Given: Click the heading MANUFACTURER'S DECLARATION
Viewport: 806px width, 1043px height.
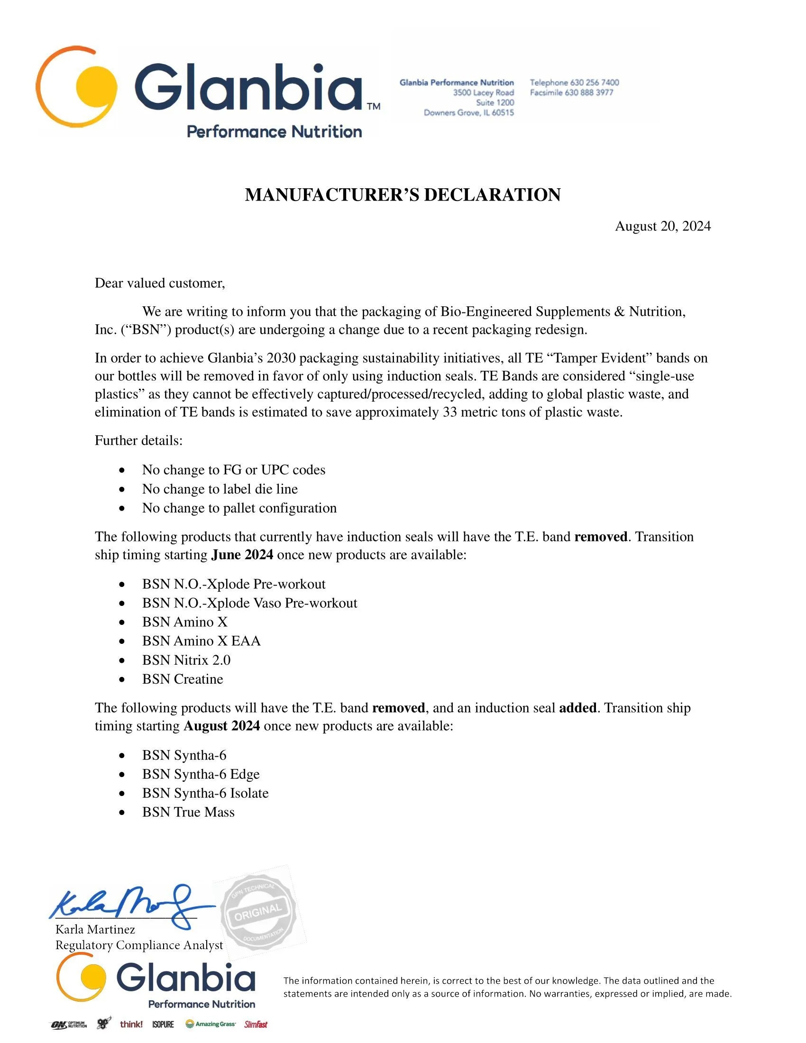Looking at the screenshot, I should point(403,195).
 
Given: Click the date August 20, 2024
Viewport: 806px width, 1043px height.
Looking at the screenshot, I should point(662,226).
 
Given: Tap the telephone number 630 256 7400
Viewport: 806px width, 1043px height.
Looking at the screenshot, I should point(595,82).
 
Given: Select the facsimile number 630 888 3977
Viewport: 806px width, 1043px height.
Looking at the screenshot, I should point(589,92).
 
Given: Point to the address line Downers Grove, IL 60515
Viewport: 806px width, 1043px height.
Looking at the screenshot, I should point(468,113).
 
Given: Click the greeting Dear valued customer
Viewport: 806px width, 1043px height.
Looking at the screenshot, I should point(159,283).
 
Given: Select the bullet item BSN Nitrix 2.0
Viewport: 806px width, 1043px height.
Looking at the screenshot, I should point(186,660).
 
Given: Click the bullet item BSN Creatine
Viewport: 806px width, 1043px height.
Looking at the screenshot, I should point(183,679).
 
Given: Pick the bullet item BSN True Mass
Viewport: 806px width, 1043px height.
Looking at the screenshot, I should point(188,812).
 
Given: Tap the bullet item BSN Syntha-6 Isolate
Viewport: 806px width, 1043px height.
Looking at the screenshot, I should point(205,793).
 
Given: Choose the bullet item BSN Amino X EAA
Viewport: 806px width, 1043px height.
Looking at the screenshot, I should point(201,641).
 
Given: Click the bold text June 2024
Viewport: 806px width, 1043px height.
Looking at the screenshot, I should point(243,555).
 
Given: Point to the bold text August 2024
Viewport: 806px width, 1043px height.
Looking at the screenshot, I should point(222,726).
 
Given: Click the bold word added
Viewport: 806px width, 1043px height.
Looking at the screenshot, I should point(577,708).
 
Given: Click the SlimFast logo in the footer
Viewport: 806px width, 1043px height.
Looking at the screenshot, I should point(256,1025).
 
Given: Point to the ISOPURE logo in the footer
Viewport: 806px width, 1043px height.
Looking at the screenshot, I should point(163,1025).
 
